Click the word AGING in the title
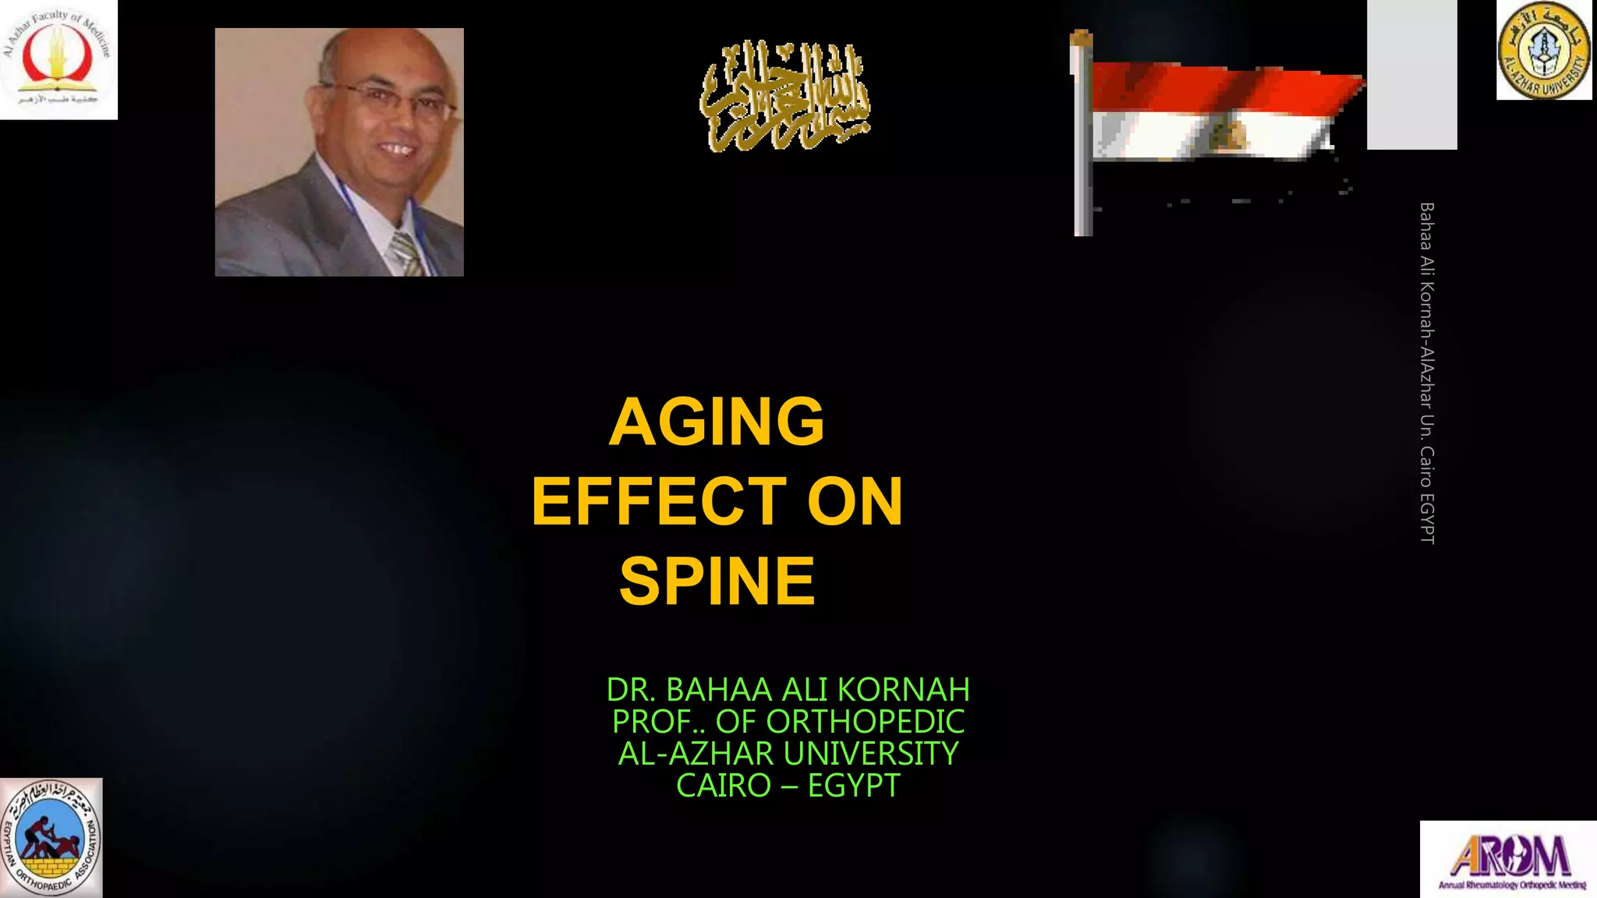(x=717, y=422)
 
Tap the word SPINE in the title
(x=717, y=582)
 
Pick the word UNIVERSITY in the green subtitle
(x=871, y=754)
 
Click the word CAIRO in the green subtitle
(x=723, y=786)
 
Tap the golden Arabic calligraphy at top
(x=784, y=97)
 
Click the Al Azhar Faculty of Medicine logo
(x=58, y=59)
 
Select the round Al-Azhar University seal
(x=1544, y=51)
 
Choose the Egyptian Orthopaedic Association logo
(x=51, y=838)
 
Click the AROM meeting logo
(x=1509, y=859)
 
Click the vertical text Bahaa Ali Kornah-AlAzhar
(x=1427, y=373)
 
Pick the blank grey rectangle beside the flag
(x=1411, y=74)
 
